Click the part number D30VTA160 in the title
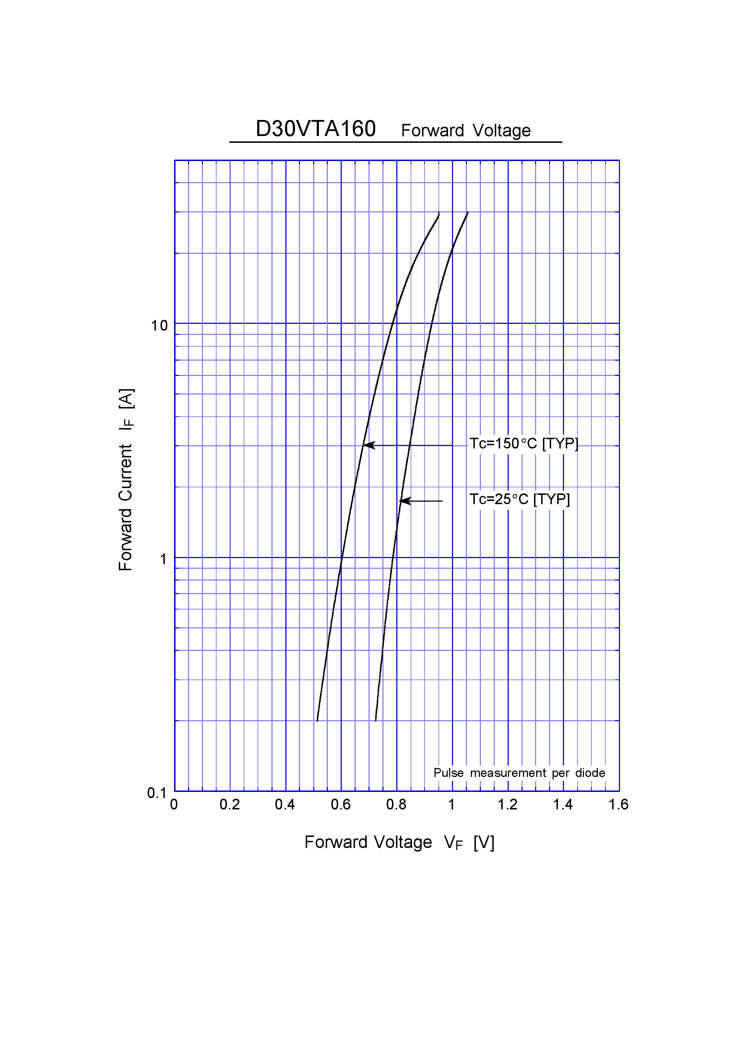pos(315,129)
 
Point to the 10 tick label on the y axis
pos(159,326)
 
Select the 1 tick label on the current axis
pos(163,559)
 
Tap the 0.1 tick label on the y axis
pos(157,793)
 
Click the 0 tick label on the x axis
pos(174,804)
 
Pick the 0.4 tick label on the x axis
pos(285,804)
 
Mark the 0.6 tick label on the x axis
pos(340,804)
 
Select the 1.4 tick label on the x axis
pos(563,804)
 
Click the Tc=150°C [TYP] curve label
pos(523,443)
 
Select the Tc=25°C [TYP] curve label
pos(519,499)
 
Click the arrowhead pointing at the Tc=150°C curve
pos(369,445)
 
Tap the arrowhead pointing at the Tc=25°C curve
pos(405,501)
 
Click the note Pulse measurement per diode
pos(519,773)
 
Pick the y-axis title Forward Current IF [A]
pos(126,480)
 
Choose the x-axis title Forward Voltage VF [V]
pos(399,842)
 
